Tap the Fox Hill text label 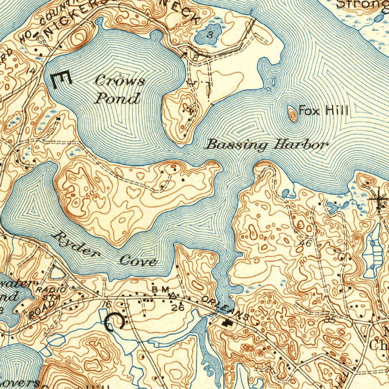[x=323, y=111]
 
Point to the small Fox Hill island [x=293, y=114]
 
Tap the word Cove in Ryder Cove [x=138, y=261]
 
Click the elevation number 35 [x=330, y=320]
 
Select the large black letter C [x=115, y=321]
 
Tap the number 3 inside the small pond [x=209, y=36]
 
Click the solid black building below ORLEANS [x=227, y=323]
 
